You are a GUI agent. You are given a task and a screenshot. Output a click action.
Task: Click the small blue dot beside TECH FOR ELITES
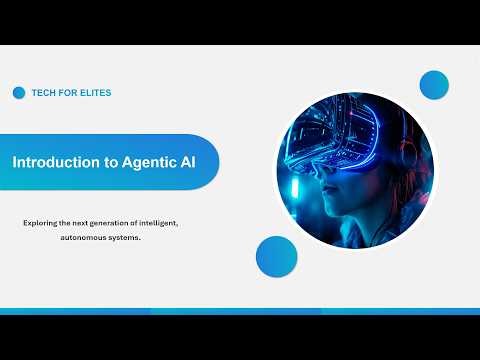tap(19, 93)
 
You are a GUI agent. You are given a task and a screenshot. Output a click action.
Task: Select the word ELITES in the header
tap(95, 93)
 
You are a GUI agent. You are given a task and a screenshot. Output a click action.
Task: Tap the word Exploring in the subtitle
tap(42, 222)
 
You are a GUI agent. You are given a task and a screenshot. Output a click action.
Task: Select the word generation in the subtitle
tap(122, 222)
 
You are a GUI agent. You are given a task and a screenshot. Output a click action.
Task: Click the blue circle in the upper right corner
tap(434, 85)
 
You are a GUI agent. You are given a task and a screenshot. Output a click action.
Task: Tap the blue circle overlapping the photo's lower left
tap(277, 256)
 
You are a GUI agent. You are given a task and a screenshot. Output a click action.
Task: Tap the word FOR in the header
tap(70, 93)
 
